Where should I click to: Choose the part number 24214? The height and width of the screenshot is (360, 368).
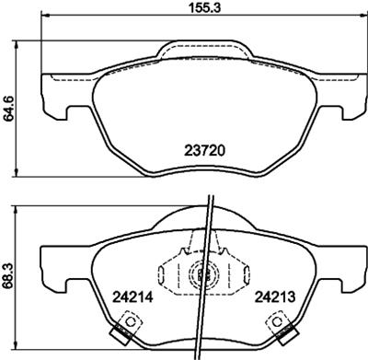[132, 297]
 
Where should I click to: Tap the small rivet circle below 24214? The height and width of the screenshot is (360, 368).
[131, 323]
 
